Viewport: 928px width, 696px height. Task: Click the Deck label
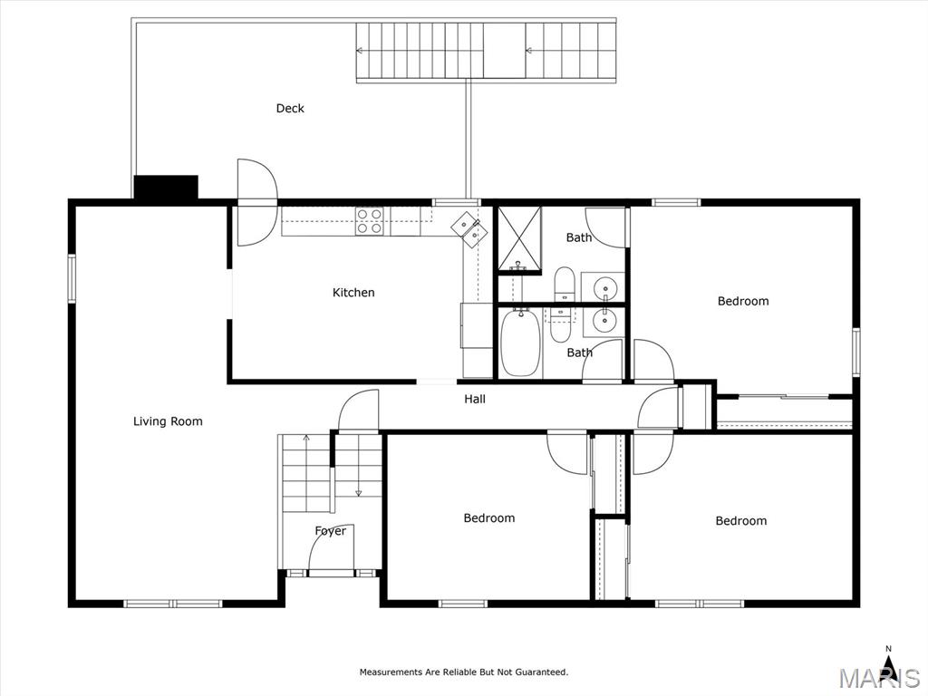click(x=290, y=109)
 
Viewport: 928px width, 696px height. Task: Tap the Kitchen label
click(x=353, y=293)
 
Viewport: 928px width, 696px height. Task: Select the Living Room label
click(x=168, y=421)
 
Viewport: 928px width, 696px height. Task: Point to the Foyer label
click(x=330, y=531)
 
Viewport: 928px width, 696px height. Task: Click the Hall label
click(x=475, y=399)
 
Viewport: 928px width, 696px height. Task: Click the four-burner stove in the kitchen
click(x=370, y=221)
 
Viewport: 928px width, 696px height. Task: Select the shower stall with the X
click(x=519, y=239)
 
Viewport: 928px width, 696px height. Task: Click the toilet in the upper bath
click(x=564, y=284)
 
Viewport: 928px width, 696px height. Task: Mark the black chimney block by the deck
click(x=166, y=187)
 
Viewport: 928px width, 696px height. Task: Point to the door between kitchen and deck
click(x=256, y=202)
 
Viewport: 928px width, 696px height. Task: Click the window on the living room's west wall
click(x=72, y=278)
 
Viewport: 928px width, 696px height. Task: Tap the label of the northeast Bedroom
click(x=743, y=301)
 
